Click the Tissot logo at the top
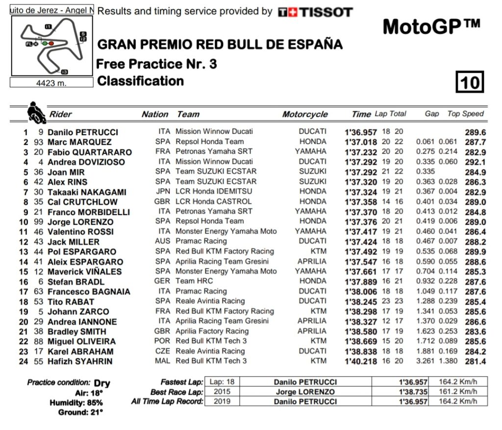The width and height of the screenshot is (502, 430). pos(315,12)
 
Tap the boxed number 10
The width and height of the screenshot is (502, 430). pos(470,82)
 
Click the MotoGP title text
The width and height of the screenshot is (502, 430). pos(431,26)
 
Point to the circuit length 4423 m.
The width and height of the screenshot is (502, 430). pos(51,83)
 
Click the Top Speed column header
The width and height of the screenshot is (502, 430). pos(465,114)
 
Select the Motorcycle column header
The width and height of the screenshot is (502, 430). pos(304,114)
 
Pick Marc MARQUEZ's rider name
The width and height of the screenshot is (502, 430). pos(79,142)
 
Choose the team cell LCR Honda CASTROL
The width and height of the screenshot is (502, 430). pos(213,201)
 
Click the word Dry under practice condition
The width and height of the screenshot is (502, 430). pos(102,383)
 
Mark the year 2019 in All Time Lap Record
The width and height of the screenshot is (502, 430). pos(216,401)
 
